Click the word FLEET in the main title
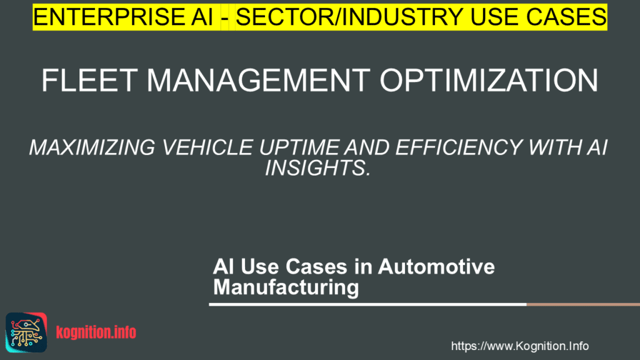click(89, 81)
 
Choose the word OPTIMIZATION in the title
click(489, 81)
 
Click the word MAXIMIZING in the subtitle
click(92, 147)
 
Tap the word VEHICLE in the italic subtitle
click(207, 147)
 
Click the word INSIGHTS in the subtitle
click(318, 167)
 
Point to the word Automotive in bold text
click(436, 266)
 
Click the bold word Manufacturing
click(286, 287)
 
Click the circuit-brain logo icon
click(26, 332)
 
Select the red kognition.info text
click(96, 332)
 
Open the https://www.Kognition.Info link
click(519, 346)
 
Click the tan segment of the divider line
click(583, 304)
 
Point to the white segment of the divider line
click(367, 304)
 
